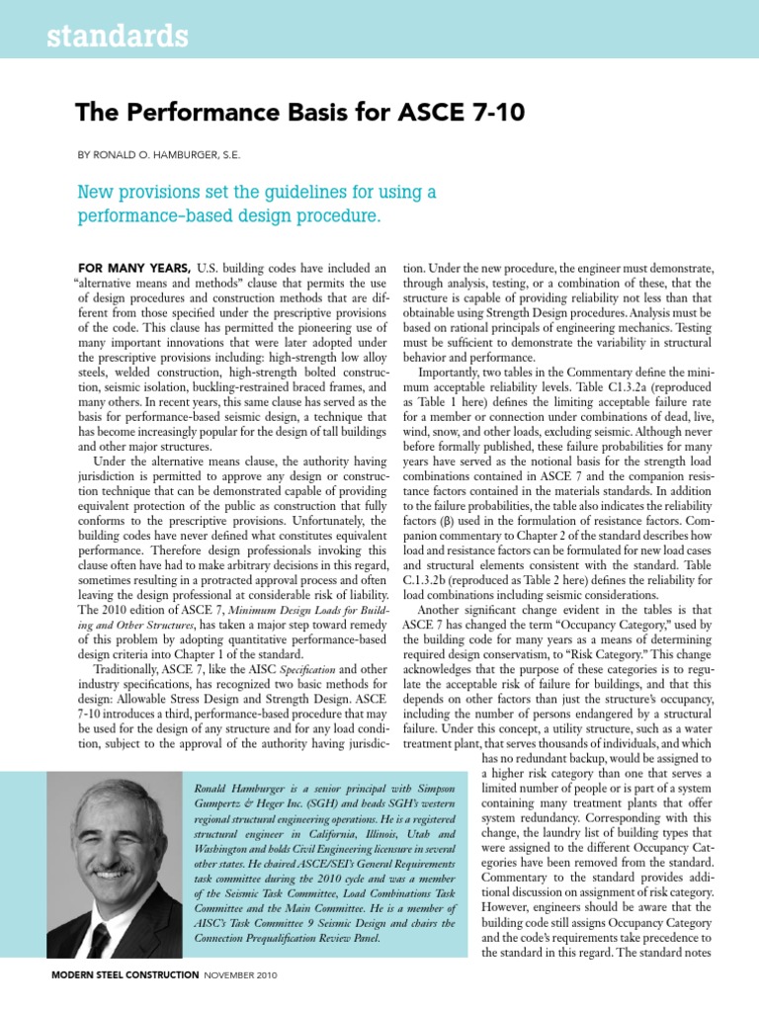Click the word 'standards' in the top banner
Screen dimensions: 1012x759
tap(103, 38)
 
